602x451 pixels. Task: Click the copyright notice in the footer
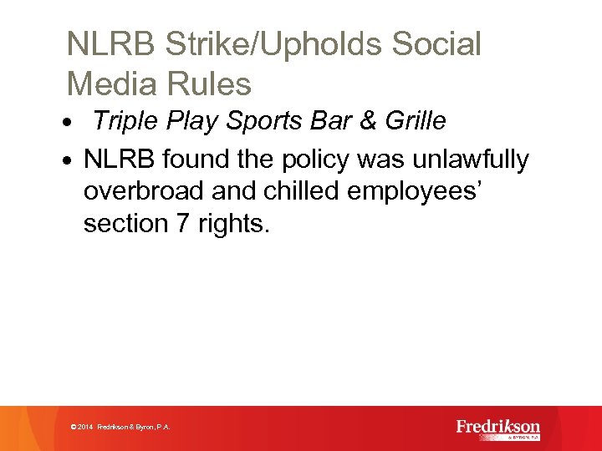tap(121, 427)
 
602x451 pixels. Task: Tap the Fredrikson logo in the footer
tap(498, 428)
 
